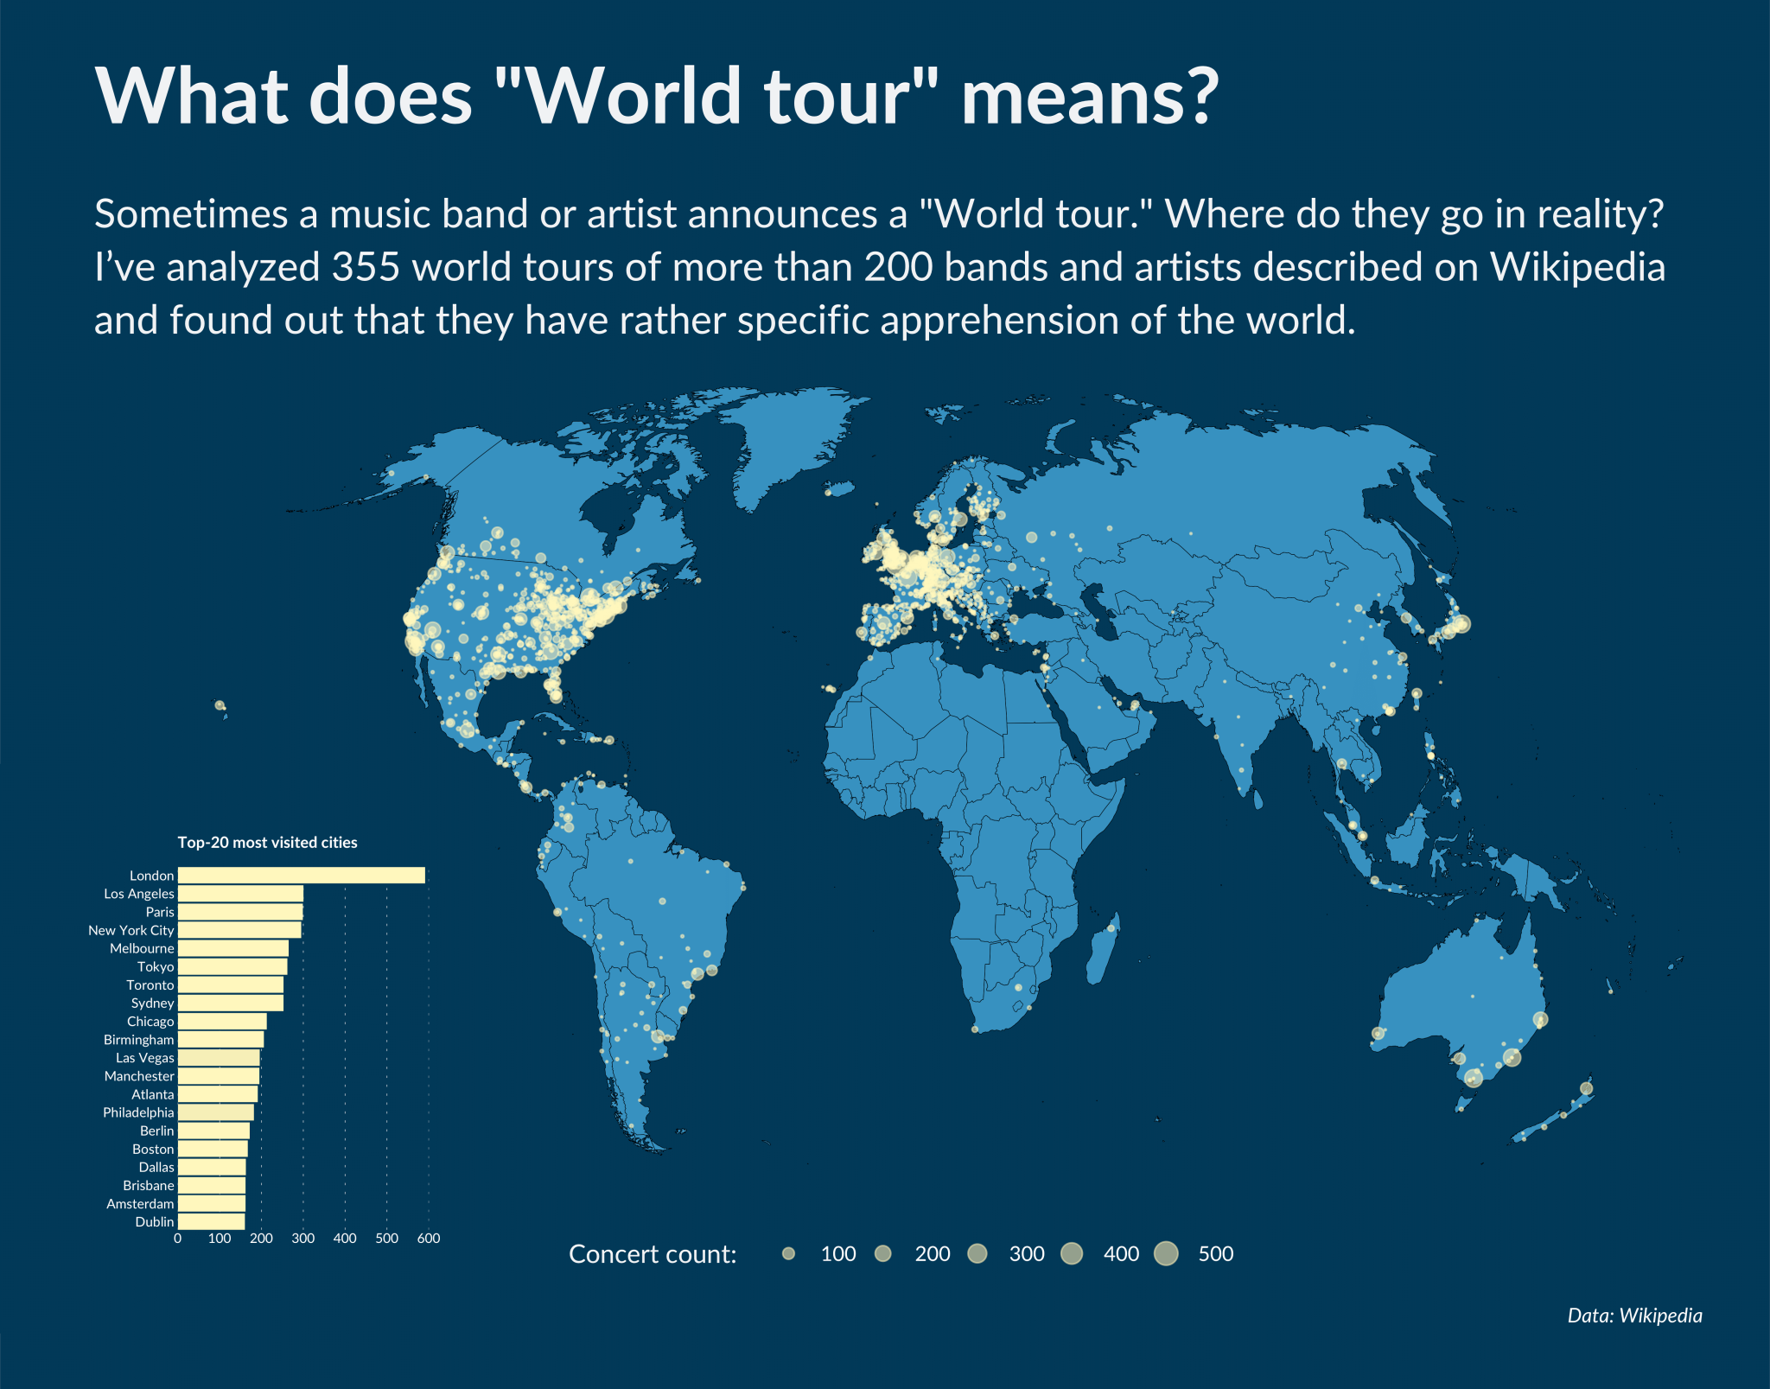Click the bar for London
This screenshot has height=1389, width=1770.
click(301, 876)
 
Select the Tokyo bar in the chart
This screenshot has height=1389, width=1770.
click(232, 966)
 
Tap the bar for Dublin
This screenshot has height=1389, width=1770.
click(211, 1221)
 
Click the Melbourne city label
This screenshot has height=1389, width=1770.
click(142, 948)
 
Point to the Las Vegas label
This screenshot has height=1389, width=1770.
click(145, 1058)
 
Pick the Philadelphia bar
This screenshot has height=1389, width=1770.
click(215, 1112)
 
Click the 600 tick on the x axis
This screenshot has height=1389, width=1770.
click(429, 1239)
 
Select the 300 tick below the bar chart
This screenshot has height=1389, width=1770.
click(302, 1239)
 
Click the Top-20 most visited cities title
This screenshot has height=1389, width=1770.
click(267, 843)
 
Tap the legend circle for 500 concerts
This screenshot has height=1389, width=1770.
click(1166, 1253)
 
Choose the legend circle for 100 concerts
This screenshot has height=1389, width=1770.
click(788, 1253)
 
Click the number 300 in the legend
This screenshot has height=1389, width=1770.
click(1027, 1254)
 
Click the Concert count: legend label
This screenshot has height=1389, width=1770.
click(653, 1254)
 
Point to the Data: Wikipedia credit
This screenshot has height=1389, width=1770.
click(1634, 1316)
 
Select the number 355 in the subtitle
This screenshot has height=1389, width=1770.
click(366, 267)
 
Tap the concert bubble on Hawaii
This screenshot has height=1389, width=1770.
click(220, 705)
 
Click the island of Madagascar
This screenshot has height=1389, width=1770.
click(1104, 951)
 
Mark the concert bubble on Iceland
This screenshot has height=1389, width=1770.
click(828, 493)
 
